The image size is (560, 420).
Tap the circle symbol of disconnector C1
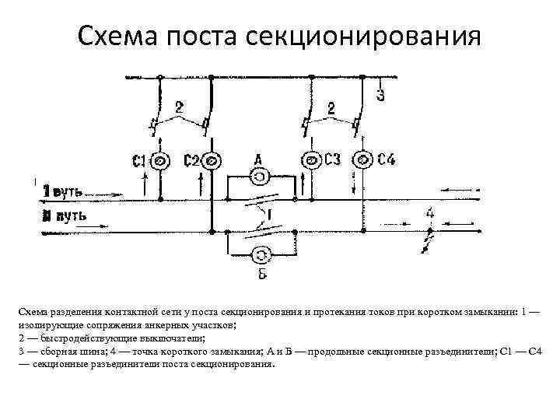(x=160, y=161)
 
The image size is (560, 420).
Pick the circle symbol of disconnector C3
(x=311, y=161)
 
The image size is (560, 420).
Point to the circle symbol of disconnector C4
(x=362, y=161)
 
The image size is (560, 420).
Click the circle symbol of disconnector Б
(x=262, y=254)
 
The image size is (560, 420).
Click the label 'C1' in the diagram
(x=139, y=162)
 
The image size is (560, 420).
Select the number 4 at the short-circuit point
(x=429, y=212)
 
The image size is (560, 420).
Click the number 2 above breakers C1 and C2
(x=180, y=107)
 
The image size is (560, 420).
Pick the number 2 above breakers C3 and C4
(x=332, y=107)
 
